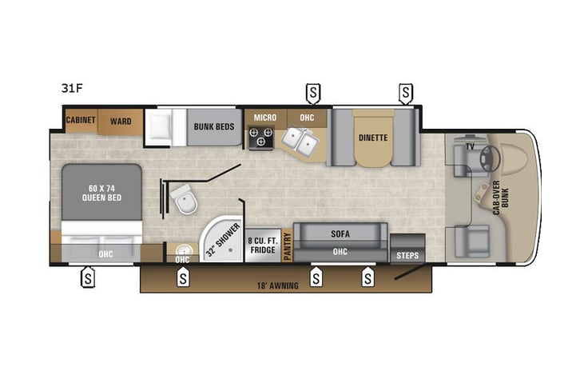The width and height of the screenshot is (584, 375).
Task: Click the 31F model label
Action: pos(73,88)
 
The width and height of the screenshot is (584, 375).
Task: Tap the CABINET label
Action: pos(81,121)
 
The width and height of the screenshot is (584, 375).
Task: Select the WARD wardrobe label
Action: pos(121,121)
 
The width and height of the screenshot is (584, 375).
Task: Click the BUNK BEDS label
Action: pos(213,126)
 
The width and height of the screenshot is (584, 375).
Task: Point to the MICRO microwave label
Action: pos(265,118)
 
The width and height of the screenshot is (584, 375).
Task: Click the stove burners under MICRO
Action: pos(260,140)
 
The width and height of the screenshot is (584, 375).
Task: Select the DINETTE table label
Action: pos(373,138)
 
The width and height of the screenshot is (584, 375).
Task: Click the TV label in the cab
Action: pos(471,148)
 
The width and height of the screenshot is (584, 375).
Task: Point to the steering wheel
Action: pos(489,159)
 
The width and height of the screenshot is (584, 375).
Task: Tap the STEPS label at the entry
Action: pos(407,255)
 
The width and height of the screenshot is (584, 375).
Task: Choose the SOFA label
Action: pos(340,233)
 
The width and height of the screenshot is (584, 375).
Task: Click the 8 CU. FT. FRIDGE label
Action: pos(261,244)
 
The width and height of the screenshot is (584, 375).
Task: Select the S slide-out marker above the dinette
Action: pos(407,93)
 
